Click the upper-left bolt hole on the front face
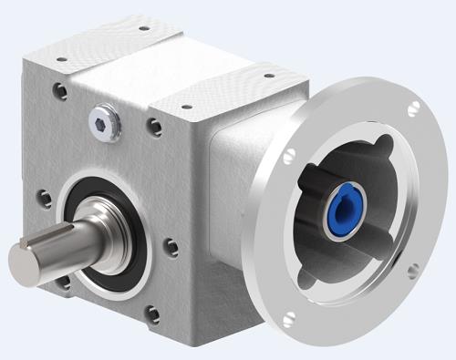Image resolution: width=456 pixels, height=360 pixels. [x=59, y=91]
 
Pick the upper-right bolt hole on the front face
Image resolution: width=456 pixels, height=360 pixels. [x=156, y=126]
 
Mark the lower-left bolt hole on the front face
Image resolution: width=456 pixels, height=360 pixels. [x=63, y=283]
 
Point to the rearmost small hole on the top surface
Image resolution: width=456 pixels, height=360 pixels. [x=142, y=28]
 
